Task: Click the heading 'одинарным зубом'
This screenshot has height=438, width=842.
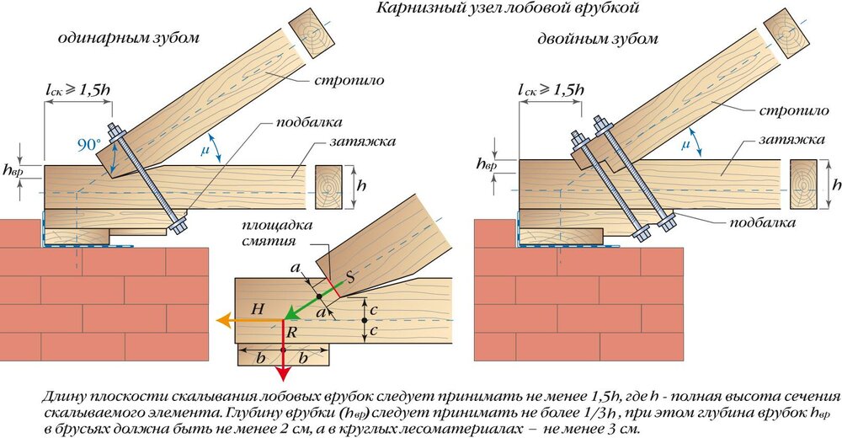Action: [124, 39]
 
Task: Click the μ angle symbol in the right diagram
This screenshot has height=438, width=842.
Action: [685, 145]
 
